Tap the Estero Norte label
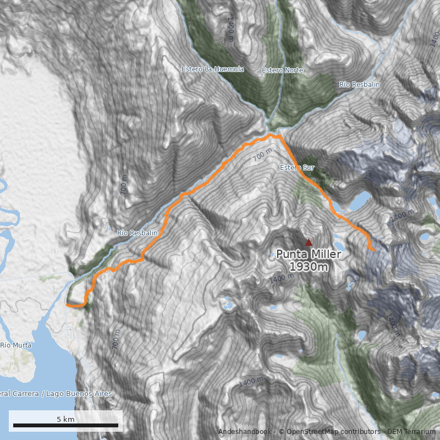pos(282,70)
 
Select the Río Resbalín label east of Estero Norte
pos(359,84)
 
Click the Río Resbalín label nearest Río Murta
pos(137,233)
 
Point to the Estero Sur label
pos(297,167)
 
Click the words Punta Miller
pos(309,254)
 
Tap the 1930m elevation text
pos(309,267)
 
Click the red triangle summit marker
pos(309,242)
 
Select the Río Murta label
pos(16,345)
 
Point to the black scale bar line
pos(65,426)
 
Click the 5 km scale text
pos(65,420)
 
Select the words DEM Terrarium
pos(411,432)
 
